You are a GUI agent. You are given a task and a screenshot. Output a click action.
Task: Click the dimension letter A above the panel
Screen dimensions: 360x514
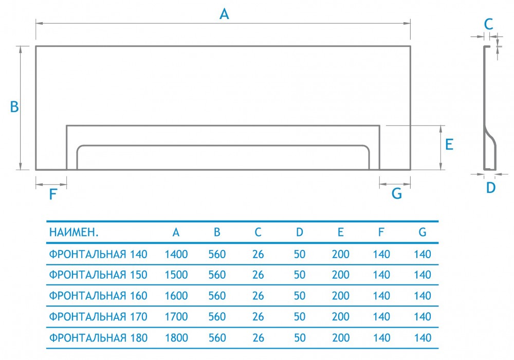(224, 14)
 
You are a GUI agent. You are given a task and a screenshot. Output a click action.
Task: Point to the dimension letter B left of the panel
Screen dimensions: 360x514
(14, 107)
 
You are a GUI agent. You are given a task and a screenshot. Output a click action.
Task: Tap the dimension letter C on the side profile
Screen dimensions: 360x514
(489, 23)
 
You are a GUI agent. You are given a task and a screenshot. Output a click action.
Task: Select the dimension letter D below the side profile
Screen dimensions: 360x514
(491, 188)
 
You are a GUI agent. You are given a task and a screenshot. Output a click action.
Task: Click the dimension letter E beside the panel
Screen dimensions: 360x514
(449, 145)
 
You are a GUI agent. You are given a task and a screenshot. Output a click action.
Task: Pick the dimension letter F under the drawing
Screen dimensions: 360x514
(52, 194)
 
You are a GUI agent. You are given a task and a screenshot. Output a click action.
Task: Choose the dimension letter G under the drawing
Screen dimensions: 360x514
(397, 193)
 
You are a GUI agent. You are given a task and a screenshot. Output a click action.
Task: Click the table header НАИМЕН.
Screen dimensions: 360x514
(74, 232)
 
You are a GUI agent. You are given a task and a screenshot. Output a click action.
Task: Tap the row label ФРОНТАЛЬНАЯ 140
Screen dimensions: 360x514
(98, 254)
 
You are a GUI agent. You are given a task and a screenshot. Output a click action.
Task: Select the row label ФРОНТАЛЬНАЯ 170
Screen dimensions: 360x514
(98, 317)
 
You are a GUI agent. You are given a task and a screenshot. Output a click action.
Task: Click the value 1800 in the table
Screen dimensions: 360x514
(176, 338)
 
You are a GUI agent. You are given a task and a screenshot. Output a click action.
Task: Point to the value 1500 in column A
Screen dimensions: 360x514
(176, 275)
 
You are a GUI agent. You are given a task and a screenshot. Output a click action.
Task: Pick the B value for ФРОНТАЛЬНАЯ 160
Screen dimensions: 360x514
(217, 296)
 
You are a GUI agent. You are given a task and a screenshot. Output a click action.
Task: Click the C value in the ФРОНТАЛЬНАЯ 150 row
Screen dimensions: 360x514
(259, 275)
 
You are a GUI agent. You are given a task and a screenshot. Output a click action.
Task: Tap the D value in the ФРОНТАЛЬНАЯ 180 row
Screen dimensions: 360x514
(300, 338)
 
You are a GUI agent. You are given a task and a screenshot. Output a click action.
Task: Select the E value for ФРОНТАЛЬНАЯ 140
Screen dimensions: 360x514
(341, 254)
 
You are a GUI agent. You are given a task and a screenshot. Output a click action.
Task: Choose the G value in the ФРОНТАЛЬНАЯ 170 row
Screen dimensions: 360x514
(423, 317)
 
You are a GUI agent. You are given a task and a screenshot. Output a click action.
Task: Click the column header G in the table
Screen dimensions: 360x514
(423, 232)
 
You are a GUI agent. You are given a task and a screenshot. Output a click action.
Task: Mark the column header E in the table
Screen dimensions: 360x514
(341, 232)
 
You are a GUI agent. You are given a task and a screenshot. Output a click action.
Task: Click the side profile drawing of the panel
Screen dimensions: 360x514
(488, 108)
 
